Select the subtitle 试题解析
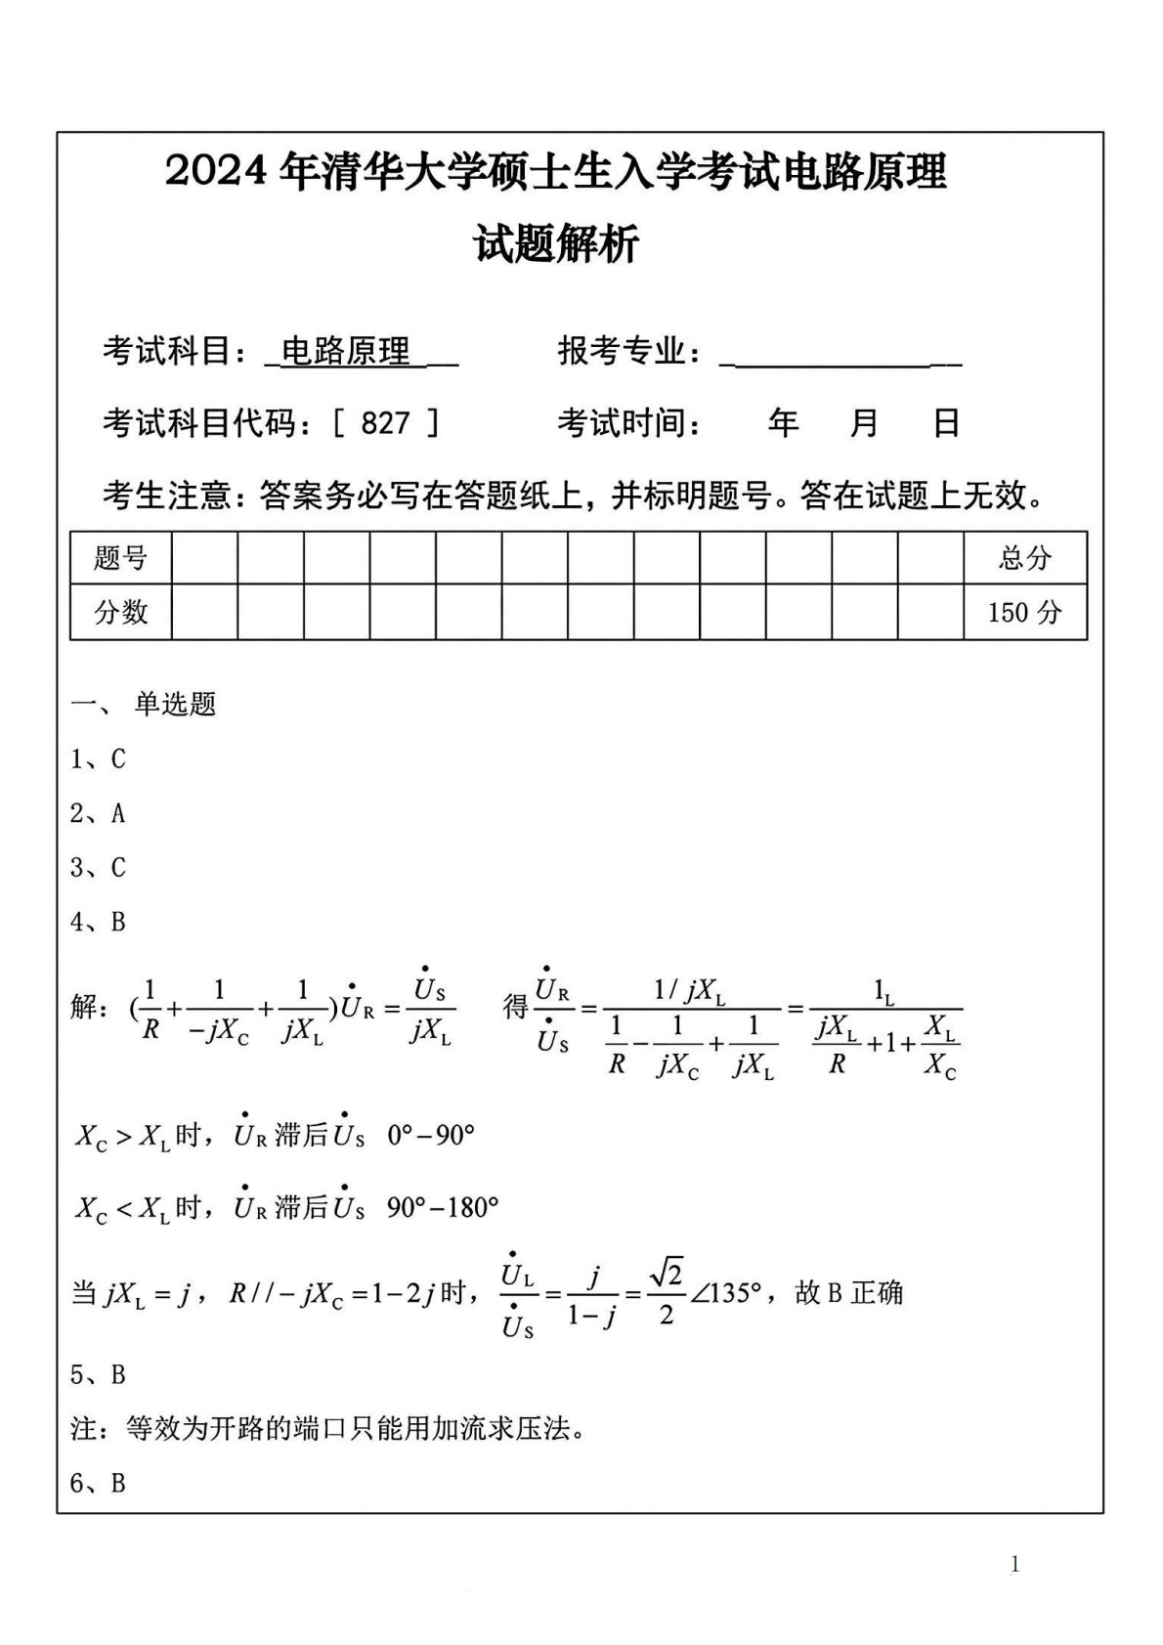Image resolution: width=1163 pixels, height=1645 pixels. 557,243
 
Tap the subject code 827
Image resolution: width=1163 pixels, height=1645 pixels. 385,422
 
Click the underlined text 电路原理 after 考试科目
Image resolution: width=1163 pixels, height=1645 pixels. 346,351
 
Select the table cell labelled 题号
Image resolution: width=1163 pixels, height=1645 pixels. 120,558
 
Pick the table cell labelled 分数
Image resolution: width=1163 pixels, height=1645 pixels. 120,612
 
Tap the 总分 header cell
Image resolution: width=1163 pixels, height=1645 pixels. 1024,558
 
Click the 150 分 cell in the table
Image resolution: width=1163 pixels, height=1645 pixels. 1024,612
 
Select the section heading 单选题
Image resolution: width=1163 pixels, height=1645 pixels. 175,704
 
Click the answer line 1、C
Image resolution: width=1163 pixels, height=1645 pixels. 98,758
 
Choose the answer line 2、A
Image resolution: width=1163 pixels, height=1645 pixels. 98,813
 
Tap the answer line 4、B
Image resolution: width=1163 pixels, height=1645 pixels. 98,922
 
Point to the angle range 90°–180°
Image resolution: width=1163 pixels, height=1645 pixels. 443,1208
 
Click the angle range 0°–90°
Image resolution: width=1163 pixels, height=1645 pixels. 431,1136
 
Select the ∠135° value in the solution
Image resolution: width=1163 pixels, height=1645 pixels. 725,1294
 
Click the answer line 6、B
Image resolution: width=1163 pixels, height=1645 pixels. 98,1483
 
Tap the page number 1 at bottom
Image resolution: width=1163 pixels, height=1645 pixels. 1015,1565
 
